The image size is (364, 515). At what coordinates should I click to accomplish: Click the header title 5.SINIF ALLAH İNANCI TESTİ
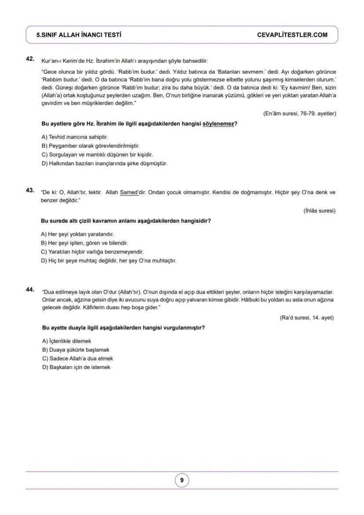[x=79, y=35]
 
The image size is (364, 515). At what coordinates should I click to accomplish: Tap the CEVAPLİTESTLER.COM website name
[x=292, y=35]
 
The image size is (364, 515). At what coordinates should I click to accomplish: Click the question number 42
[x=30, y=58]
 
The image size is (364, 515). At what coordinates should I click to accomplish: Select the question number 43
[x=30, y=190]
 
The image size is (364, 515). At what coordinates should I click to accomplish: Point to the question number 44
[x=30, y=289]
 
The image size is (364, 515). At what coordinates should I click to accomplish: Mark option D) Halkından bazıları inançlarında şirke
[x=104, y=164]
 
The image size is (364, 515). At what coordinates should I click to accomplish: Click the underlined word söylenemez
[x=218, y=124]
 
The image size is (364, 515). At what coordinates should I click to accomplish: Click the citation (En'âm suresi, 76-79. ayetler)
[x=299, y=113]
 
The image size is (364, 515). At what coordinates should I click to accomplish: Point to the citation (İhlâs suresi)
[x=319, y=211]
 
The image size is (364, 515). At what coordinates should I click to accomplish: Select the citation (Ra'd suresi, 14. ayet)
[x=306, y=318]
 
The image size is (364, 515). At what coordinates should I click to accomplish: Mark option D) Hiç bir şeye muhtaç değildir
[x=109, y=261]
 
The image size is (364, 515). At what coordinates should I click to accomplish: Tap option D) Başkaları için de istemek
[x=76, y=367]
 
